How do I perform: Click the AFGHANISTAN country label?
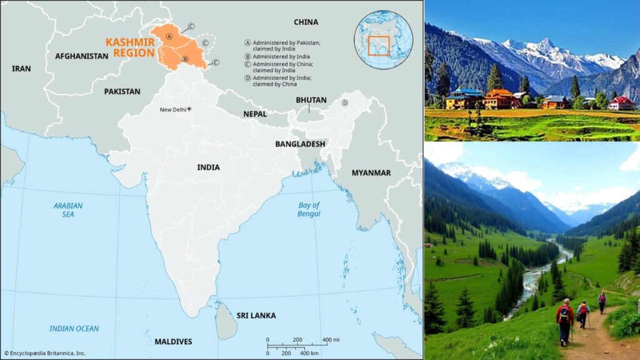(x=81, y=56)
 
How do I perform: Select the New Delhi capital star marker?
(x=189, y=109)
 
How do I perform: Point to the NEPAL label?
(x=255, y=114)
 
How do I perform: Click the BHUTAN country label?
(x=311, y=100)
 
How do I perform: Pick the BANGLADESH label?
(x=300, y=144)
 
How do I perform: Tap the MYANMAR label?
(x=371, y=172)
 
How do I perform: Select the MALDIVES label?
(x=173, y=341)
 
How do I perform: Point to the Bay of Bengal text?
(x=309, y=209)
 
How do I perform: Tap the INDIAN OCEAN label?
(x=74, y=329)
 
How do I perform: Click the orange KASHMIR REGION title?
(x=130, y=47)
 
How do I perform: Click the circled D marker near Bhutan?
(x=344, y=103)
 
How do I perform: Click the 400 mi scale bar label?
(x=331, y=339)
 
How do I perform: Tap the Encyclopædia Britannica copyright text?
(x=44, y=353)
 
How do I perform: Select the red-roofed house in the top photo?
(x=622, y=103)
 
